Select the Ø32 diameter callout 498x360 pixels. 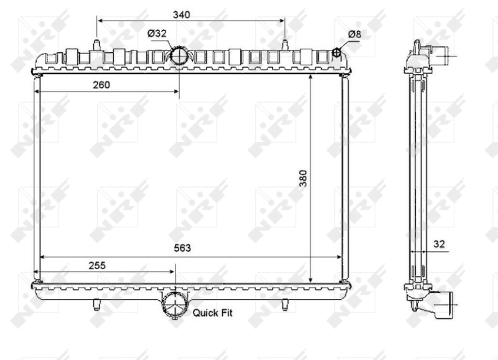coord(157,34)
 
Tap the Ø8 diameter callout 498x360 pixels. coord(354,34)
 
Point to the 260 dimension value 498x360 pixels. coord(100,85)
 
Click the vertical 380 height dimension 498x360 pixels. coord(303,179)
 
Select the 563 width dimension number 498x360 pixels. coord(182,248)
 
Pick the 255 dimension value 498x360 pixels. coord(96,265)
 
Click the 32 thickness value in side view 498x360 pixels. coord(439,245)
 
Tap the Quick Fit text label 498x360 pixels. coord(212,313)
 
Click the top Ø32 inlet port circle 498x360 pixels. coord(179,55)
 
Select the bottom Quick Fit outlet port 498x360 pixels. coord(174,305)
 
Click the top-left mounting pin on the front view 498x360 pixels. coord(97,45)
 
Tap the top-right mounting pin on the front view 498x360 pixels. coord(285,45)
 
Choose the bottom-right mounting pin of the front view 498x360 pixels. coord(285,305)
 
